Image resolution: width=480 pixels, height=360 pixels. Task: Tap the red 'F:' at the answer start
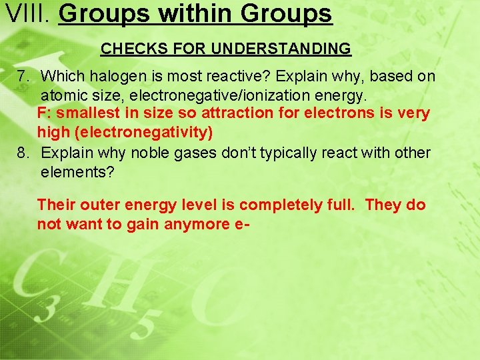tap(45, 113)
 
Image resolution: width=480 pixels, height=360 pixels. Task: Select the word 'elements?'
tap(78, 172)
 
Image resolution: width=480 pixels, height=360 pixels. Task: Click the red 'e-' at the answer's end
tap(241, 225)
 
